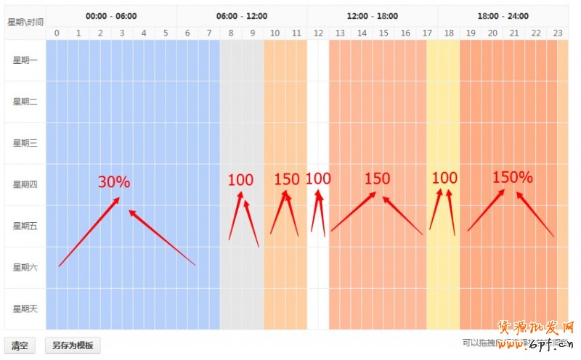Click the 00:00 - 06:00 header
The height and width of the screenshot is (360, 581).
[111, 16]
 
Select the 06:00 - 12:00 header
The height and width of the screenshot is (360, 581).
[242, 16]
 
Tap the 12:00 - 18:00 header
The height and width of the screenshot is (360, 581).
[373, 16]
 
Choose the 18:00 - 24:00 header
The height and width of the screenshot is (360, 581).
[503, 16]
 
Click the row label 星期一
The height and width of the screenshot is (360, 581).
[25, 60]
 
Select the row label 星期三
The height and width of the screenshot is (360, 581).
[25, 143]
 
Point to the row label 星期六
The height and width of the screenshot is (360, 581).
[25, 268]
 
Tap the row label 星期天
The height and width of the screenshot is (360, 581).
[25, 309]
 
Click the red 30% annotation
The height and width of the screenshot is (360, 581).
[114, 182]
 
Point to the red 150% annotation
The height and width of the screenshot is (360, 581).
[513, 177]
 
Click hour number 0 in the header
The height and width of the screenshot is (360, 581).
[57, 33]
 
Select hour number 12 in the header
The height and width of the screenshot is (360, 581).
[318, 33]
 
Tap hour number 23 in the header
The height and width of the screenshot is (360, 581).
[558, 33]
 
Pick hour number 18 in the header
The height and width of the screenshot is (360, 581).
[449, 33]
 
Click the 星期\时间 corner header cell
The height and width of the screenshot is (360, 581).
[25, 22]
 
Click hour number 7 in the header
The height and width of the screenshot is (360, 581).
[209, 33]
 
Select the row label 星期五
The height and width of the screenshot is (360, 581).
[25, 226]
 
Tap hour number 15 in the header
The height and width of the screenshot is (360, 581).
[383, 33]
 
